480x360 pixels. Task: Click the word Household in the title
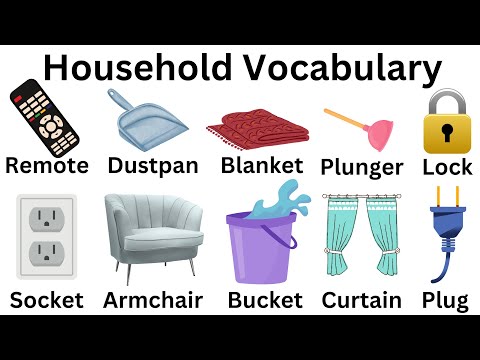pyautogui.click(x=139, y=69)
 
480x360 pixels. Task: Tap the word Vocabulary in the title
pyautogui.click(x=340, y=69)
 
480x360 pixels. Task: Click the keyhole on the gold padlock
pyautogui.click(x=447, y=133)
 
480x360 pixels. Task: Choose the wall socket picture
pyautogui.click(x=46, y=236)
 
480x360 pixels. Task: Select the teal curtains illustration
pyautogui.click(x=363, y=237)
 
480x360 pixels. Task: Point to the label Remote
pyautogui.click(x=46, y=165)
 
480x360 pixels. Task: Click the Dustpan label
pyautogui.click(x=152, y=165)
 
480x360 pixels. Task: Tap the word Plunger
pyautogui.click(x=362, y=166)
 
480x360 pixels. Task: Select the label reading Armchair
pyautogui.click(x=153, y=300)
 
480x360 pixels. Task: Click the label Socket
pyautogui.click(x=46, y=300)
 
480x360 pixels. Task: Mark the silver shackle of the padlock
pyautogui.click(x=447, y=101)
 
